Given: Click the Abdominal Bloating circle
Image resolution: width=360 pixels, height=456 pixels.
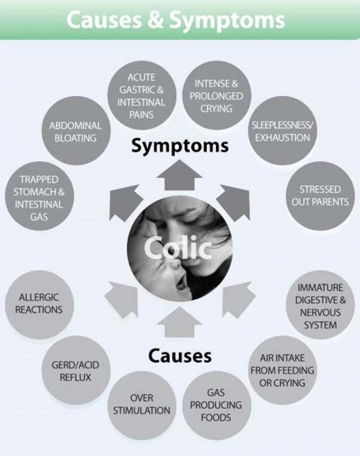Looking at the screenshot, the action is click(76, 131).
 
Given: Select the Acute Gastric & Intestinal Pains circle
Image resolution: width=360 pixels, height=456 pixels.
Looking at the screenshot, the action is click(141, 95).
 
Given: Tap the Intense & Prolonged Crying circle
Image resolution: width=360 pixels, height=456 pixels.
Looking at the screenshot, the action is click(216, 95).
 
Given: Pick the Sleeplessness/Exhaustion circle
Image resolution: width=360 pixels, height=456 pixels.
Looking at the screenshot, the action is click(283, 131).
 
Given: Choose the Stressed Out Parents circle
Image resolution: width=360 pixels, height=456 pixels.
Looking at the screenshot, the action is click(320, 196).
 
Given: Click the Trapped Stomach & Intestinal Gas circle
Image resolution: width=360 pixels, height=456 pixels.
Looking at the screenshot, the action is click(39, 196).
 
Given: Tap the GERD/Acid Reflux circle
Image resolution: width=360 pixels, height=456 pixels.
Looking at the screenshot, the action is click(76, 370).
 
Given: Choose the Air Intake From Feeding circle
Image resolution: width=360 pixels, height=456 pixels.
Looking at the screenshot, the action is click(283, 370).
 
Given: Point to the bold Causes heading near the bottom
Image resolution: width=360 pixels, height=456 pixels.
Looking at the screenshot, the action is click(180, 355).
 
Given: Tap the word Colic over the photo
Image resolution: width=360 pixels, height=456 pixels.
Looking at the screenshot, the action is click(178, 249).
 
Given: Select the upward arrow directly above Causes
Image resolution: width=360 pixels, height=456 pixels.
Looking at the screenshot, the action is click(180, 321).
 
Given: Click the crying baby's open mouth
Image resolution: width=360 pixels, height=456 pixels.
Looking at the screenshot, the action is click(182, 283).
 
